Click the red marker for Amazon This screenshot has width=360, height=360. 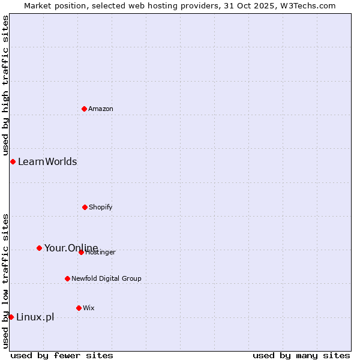84,109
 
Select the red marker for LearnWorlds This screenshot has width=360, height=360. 13,161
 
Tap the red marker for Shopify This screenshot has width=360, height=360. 85,207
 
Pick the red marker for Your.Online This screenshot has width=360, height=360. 39,248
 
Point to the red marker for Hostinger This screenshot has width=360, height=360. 81,252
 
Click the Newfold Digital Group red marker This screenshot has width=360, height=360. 67,278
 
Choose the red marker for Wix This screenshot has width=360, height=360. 79,308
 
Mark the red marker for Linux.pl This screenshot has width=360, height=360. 11,317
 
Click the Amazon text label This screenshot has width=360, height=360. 101,109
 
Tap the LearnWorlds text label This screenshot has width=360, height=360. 47,161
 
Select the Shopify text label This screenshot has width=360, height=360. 101,207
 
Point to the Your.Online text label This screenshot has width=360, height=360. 71,248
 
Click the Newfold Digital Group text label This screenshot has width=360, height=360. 106,278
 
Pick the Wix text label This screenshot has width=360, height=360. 89,308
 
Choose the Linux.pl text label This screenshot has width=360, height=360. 35,317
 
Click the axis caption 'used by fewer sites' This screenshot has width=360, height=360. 62,355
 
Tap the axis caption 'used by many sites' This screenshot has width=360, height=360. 301,355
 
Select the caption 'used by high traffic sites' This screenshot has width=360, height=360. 5,85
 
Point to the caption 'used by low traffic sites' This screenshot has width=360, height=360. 5,280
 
